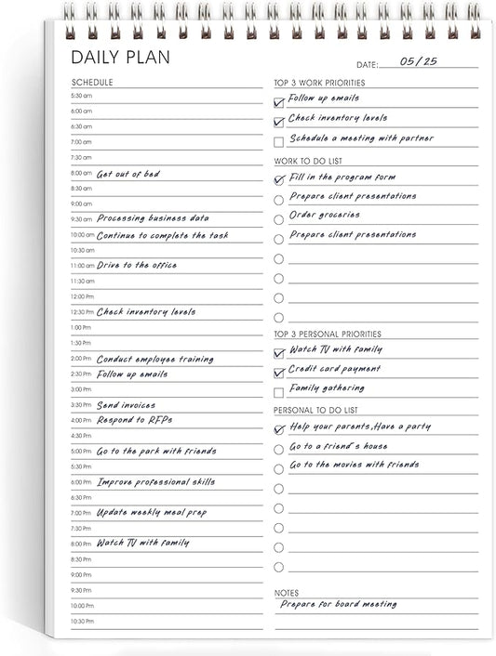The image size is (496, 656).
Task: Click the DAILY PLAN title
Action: pyautogui.click(x=121, y=58)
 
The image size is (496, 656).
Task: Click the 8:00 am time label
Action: pyautogui.click(x=82, y=173)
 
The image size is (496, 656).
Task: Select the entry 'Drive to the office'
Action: pyautogui.click(x=137, y=266)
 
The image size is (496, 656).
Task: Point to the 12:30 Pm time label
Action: pyautogui.click(x=82, y=312)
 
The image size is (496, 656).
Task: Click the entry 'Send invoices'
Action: pyautogui.click(x=126, y=405)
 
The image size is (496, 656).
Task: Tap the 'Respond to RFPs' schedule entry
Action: pyautogui.click(x=134, y=420)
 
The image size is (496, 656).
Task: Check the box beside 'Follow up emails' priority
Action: pyautogui.click(x=279, y=101)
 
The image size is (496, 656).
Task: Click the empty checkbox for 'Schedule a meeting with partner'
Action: pyautogui.click(x=279, y=141)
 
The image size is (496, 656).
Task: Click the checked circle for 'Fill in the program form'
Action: pyautogui.click(x=279, y=179)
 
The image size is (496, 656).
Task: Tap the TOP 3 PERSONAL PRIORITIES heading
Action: pyautogui.click(x=328, y=334)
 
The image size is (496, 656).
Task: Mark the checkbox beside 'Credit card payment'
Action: pyautogui.click(x=279, y=373)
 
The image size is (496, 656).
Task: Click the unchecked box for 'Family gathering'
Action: pyautogui.click(x=279, y=392)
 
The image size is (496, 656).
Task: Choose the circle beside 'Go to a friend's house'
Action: pyautogui.click(x=279, y=450)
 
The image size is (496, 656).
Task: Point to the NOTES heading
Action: pyautogui.click(x=287, y=592)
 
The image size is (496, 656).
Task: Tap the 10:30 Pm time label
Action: pyautogui.click(x=82, y=621)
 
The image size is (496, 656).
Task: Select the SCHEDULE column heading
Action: pyautogui.click(x=92, y=82)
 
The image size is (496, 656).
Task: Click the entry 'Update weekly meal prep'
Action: pyautogui.click(x=152, y=513)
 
